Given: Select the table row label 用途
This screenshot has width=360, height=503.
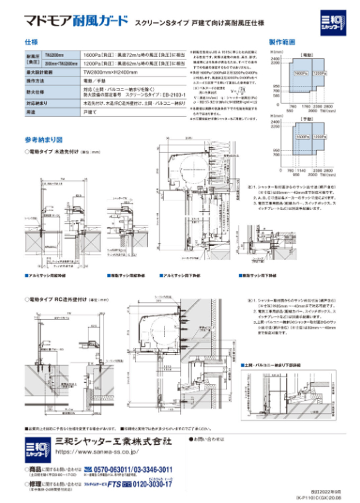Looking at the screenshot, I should pos(30,112).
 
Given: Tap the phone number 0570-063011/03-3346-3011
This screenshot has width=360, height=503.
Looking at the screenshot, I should pos(132,469).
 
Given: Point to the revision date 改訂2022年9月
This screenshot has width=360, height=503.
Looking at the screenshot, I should pos(328,492).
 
